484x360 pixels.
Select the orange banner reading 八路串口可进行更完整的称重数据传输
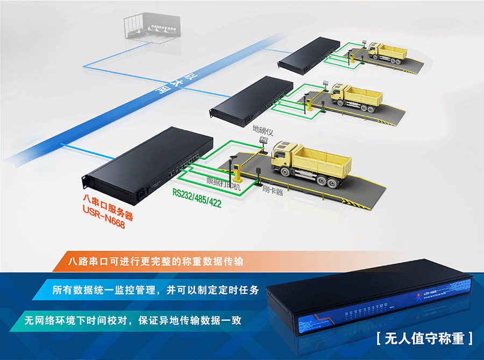coord(156,262)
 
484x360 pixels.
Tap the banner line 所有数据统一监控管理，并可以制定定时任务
coord(156,290)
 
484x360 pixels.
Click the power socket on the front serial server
coord(145,190)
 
